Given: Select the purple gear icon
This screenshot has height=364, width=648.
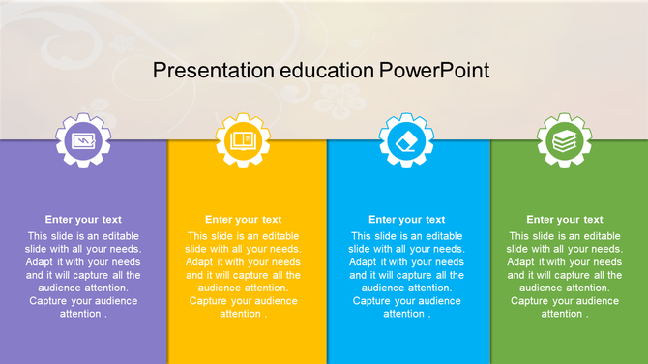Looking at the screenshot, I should coord(83,142).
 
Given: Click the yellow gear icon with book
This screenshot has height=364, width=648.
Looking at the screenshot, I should coord(243,142).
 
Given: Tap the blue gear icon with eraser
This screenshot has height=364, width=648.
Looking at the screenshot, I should coord(406,142).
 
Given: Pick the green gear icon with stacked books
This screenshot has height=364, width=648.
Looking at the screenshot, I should coord(564,142).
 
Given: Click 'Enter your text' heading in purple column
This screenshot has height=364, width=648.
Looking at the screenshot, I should coord(83,220).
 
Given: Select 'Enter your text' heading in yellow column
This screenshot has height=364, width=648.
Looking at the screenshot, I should coord(243,220).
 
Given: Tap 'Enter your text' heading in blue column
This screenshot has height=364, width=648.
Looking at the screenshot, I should coord(406,220).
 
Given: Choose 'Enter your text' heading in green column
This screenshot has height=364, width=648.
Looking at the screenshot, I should coord(564,220).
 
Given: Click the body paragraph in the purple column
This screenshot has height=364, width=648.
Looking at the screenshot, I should coord(83,275).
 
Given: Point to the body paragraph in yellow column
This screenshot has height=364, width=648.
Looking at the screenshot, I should coord(243,275).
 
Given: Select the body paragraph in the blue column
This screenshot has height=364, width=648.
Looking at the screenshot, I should coord(406,275).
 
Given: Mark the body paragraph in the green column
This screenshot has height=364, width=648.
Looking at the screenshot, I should coord(564,275).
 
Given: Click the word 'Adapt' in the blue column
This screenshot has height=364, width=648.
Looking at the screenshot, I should coord(363,262).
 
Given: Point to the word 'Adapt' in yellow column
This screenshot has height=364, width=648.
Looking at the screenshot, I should coord(199,262).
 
